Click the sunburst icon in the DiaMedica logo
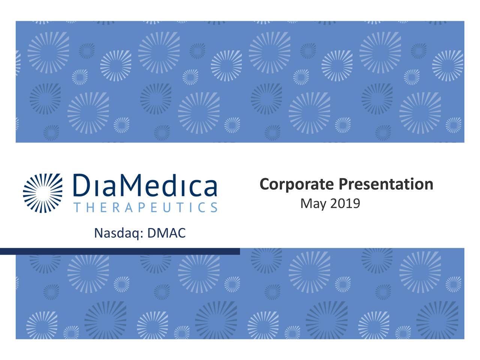pos(43,193)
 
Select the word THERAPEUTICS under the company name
pos(145,207)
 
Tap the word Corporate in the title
pos(297,184)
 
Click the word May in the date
pos(313,204)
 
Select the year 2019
pos(345,204)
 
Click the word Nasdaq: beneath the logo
pos(118,233)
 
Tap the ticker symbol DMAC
pos(166,233)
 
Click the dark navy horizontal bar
pos(120,251)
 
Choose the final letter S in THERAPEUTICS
pos(214,207)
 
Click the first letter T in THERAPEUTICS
pos(77,207)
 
